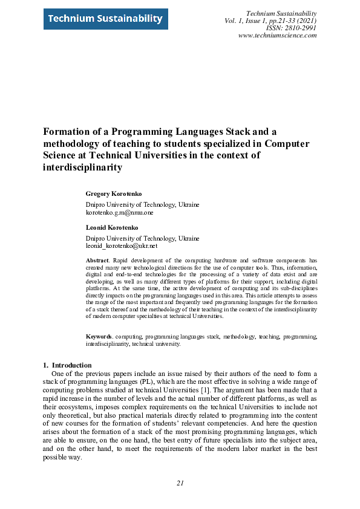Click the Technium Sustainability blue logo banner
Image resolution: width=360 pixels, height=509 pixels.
point(103,19)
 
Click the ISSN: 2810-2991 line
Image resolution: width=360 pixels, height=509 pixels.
point(291,28)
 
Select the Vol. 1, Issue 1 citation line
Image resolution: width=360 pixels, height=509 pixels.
point(270,21)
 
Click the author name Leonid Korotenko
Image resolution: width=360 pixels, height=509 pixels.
point(112,227)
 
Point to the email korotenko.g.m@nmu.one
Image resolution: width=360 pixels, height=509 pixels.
point(120,213)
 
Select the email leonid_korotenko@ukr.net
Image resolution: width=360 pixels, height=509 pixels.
point(122,247)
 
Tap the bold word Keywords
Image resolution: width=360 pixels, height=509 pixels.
point(99,336)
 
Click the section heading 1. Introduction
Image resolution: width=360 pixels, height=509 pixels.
point(67,365)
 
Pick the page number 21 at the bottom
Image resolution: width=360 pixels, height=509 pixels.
point(180,483)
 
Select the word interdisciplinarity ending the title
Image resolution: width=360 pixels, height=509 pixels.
point(82,167)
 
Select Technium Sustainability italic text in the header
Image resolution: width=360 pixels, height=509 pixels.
point(283,13)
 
